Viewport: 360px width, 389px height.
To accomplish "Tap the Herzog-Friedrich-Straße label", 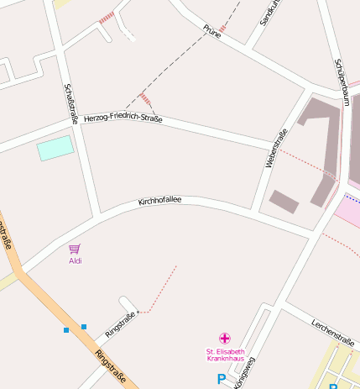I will (x=123, y=119).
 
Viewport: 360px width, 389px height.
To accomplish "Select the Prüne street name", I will (x=211, y=31).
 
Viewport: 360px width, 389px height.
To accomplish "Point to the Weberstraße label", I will (x=275, y=147).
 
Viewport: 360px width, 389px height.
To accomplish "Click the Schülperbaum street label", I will (x=341, y=81).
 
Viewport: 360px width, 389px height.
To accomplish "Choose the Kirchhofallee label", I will (x=159, y=202).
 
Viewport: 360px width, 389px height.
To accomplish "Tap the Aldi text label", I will (x=75, y=260).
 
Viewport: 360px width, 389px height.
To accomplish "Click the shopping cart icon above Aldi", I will (x=75, y=249).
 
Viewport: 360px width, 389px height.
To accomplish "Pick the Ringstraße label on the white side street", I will (x=121, y=324).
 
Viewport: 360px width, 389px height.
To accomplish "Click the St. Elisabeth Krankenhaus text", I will (x=225, y=355).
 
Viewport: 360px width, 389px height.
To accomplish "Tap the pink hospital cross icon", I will (x=224, y=338).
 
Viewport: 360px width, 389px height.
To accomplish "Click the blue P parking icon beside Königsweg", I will (x=222, y=380).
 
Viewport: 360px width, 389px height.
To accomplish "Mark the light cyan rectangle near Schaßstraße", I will (x=55, y=148).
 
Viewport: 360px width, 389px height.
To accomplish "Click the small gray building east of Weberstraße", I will (x=284, y=202).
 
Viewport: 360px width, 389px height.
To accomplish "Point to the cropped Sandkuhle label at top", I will (x=267, y=12).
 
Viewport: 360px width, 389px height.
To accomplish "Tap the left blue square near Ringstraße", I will (x=66, y=330).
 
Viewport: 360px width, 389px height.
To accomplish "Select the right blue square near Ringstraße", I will (x=84, y=326).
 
